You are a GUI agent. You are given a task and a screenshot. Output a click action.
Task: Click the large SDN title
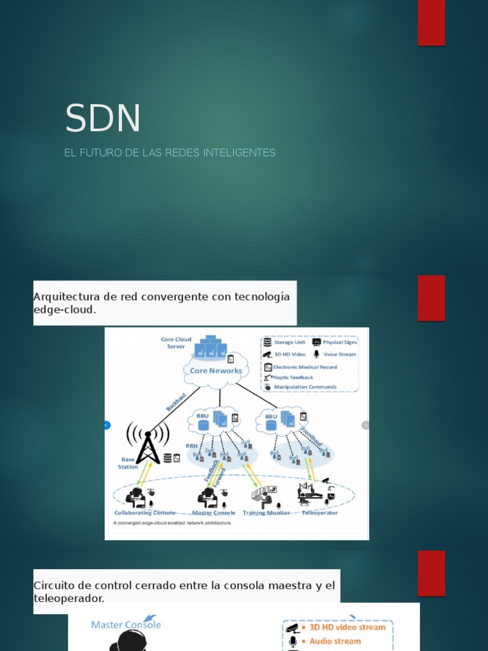[103, 118]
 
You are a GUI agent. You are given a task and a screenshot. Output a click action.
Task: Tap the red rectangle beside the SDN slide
[431, 23]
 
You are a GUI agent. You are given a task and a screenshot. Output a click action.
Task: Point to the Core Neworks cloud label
[216, 371]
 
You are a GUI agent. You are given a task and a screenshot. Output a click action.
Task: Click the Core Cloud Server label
[176, 343]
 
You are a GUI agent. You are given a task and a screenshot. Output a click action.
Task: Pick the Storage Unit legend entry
[289, 342]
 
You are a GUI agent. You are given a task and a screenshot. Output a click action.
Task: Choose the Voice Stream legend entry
[339, 354]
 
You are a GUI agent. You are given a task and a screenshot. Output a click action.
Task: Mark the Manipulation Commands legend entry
[305, 387]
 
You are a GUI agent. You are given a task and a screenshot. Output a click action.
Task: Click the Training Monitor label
[266, 512]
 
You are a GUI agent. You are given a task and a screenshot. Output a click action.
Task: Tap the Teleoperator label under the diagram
[320, 512]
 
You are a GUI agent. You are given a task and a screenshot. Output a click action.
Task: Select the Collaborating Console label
[144, 512]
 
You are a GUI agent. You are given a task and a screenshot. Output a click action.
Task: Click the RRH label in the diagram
[191, 446]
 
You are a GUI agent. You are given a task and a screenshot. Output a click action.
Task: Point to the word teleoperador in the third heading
[69, 598]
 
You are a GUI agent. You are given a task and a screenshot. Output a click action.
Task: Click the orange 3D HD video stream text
[347, 627]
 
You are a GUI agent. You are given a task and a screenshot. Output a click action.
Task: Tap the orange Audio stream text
[335, 641]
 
